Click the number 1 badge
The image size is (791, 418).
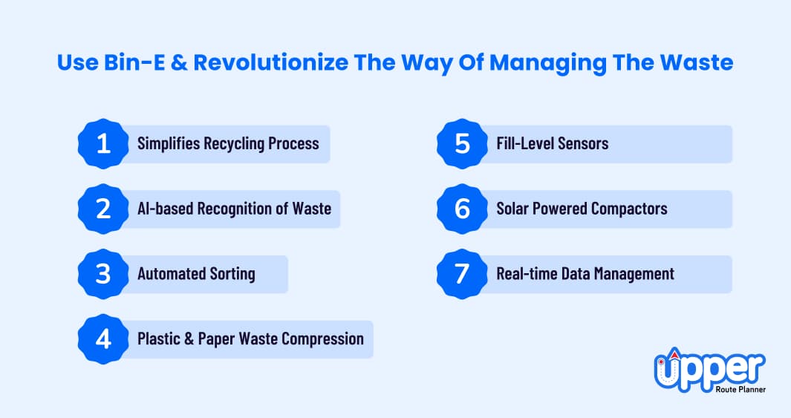tap(103, 144)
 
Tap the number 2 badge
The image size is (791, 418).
tap(103, 209)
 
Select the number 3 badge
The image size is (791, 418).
tap(103, 274)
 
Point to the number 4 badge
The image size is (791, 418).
tap(103, 339)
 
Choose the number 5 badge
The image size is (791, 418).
tap(462, 144)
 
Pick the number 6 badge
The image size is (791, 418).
tap(462, 209)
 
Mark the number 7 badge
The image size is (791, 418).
tap(462, 274)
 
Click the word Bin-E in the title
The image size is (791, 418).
tap(134, 62)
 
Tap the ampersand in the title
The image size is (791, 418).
tap(179, 62)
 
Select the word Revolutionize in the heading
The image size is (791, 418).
tap(271, 62)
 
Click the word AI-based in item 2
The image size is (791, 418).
tap(165, 208)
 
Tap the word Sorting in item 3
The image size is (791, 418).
tap(232, 274)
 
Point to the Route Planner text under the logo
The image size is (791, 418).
tap(740, 389)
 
